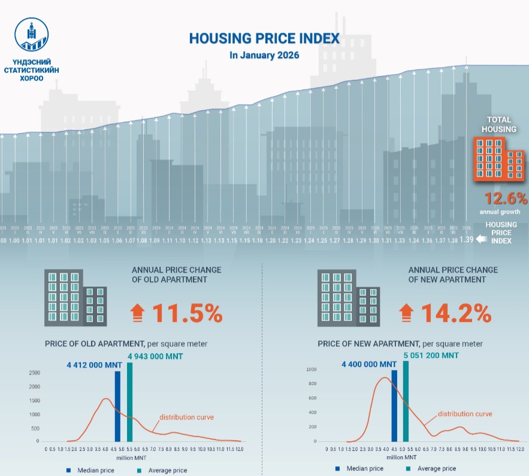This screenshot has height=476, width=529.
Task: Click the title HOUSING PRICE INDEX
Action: coord(264,39)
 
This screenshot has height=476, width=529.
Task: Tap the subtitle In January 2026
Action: coord(264,55)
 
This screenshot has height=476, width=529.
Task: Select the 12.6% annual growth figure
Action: coord(506,198)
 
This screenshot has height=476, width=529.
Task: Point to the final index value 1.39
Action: coord(466,240)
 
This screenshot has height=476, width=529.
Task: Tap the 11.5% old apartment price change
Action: coord(187,313)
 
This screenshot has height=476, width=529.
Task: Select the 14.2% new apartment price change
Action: coord(456,313)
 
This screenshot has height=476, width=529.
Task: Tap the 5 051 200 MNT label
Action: coord(431,356)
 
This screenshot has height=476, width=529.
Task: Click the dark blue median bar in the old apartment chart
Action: coord(117,406)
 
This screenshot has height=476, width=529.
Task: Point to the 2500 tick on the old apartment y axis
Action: coord(34,373)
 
